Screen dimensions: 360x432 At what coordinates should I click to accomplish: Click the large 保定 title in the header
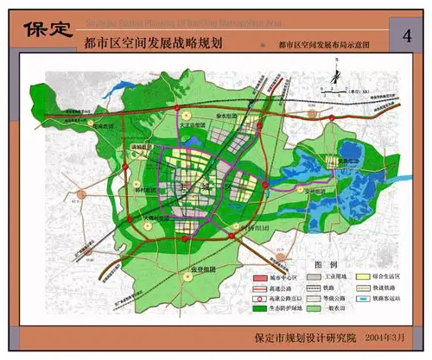point(47,28)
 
